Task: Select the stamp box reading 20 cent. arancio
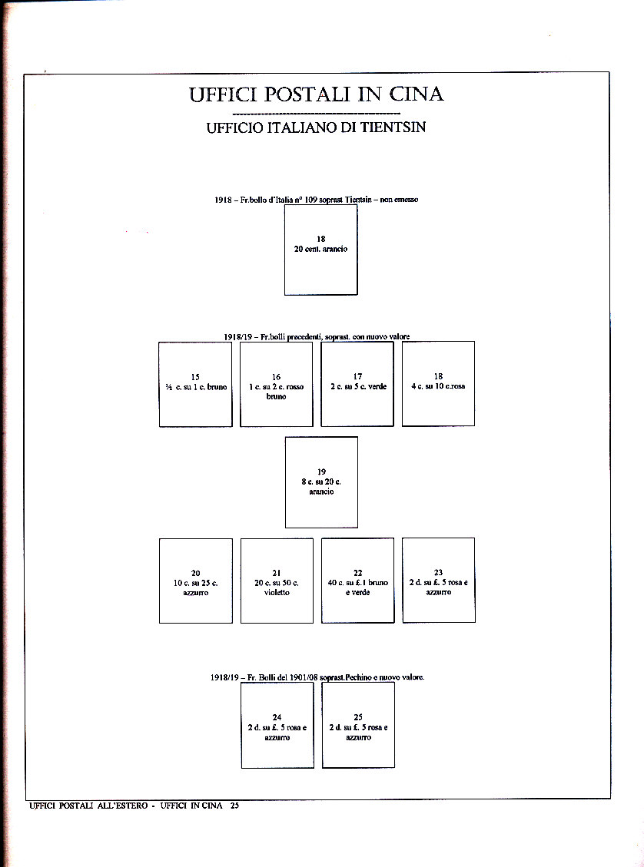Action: point(320,250)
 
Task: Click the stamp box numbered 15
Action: point(195,384)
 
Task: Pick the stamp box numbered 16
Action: point(276,384)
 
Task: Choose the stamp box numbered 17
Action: point(357,384)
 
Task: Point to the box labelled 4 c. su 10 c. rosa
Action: point(438,384)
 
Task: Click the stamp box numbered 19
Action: point(321,481)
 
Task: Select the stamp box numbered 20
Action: point(195,581)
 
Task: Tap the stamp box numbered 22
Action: point(357,581)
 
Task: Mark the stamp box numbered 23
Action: point(438,581)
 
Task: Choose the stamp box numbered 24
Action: point(277,725)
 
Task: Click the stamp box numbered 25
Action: point(358,725)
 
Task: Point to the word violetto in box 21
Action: point(277,593)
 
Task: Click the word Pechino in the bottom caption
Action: point(349,678)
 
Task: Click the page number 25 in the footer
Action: point(234,806)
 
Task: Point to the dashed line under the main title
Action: point(315,114)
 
